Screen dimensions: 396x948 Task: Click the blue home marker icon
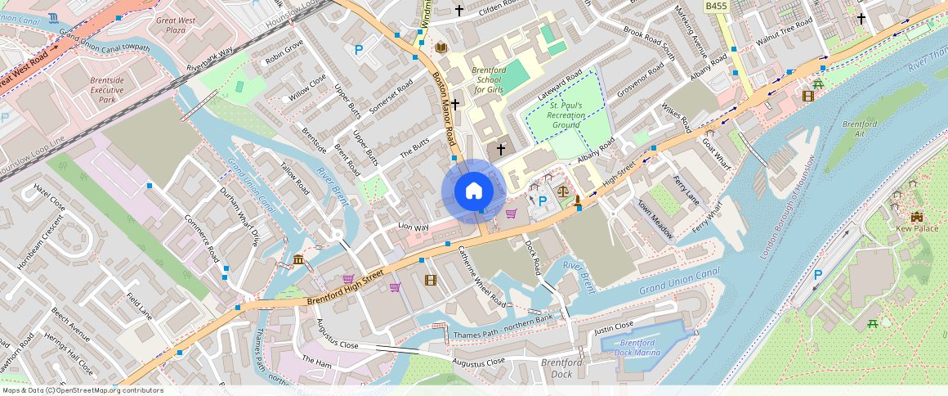(474, 191)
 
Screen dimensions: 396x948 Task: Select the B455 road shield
(716, 7)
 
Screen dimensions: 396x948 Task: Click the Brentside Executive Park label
(96, 91)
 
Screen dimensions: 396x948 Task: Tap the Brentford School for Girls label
(489, 79)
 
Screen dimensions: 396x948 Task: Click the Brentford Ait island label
(859, 129)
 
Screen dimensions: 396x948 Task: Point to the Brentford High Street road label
(345, 290)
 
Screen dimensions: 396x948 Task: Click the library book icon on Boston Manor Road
(441, 48)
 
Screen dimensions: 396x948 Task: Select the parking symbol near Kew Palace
(817, 276)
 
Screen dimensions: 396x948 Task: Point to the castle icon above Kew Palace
(916, 216)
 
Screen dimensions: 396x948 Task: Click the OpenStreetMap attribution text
(82, 390)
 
